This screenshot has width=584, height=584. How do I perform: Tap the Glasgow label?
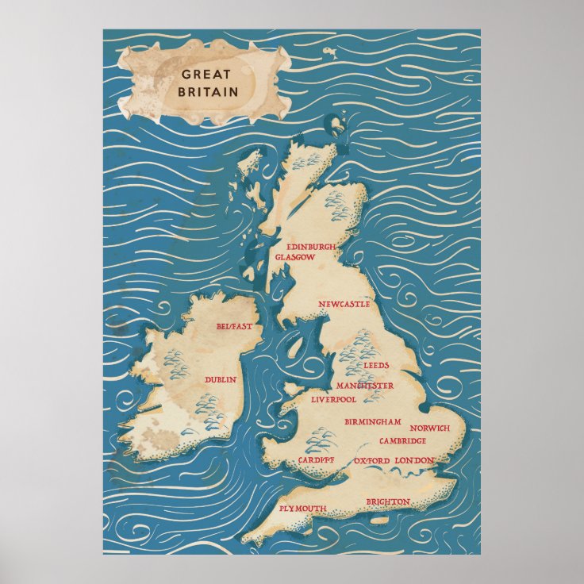295,258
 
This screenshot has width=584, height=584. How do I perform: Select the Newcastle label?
344,305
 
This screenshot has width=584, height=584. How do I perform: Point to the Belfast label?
234,326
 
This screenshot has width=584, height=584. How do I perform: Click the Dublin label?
221,380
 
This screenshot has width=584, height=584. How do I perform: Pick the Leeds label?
376,365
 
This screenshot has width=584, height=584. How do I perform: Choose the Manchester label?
365,386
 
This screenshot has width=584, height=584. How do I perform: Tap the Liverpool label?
334,399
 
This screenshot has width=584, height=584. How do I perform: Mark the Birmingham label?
372,422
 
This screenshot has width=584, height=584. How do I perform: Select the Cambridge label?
403,441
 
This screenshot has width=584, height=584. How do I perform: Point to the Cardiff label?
317,460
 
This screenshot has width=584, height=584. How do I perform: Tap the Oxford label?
372,460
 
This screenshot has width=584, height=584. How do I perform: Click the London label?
414,460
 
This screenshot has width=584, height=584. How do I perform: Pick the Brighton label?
388,501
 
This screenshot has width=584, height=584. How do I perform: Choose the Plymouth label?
303,508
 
